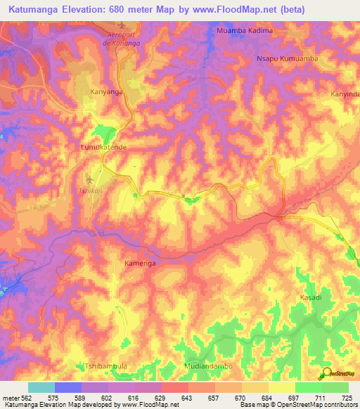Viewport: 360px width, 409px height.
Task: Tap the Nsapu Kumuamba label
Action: click(x=287, y=59)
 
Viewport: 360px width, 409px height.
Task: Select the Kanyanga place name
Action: click(x=107, y=91)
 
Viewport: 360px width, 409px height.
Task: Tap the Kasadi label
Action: click(x=310, y=298)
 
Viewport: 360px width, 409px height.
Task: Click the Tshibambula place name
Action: click(x=105, y=366)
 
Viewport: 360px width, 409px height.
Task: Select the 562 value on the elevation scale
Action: click(x=22, y=398)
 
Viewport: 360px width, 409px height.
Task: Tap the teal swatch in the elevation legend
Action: click(x=41, y=387)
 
